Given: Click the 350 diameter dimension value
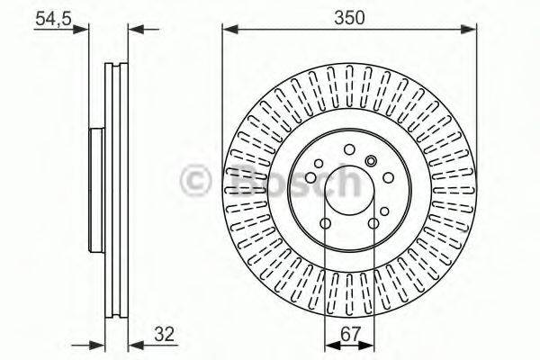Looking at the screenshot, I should pos(347,16).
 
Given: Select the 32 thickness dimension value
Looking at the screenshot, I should pos(164,334).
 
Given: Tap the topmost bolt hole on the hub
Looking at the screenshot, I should pos(347,149).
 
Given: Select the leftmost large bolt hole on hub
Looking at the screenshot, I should pos(310,177).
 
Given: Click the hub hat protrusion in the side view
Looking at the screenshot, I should pos(94,191).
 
